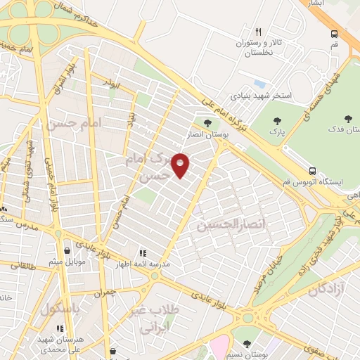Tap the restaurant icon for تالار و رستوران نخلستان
tap(259, 32)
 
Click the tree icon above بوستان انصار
tap(207, 124)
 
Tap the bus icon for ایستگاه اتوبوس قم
tap(312, 171)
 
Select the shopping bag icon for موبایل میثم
tap(66, 251)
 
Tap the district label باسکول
tap(60, 308)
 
